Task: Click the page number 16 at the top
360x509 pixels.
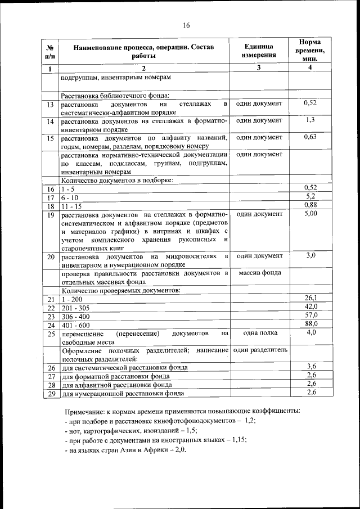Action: (186, 25)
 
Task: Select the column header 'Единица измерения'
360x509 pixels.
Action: (259, 51)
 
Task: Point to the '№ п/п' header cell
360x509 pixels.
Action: (50, 51)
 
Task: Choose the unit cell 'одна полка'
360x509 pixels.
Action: (258, 333)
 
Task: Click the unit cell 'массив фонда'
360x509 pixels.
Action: (258, 273)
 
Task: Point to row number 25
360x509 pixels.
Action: (50, 334)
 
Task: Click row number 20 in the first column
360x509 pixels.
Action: (50, 256)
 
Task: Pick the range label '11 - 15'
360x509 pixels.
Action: (71, 206)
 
